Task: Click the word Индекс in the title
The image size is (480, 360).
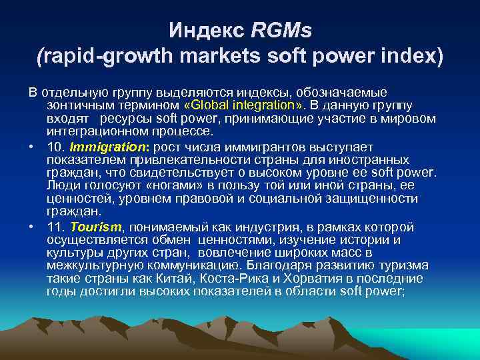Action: pos(206,30)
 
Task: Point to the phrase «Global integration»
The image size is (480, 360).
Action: pos(239,105)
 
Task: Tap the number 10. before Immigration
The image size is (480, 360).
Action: pos(55,147)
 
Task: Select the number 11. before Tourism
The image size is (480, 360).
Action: pos(55,228)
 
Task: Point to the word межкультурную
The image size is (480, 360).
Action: pos(93,266)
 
